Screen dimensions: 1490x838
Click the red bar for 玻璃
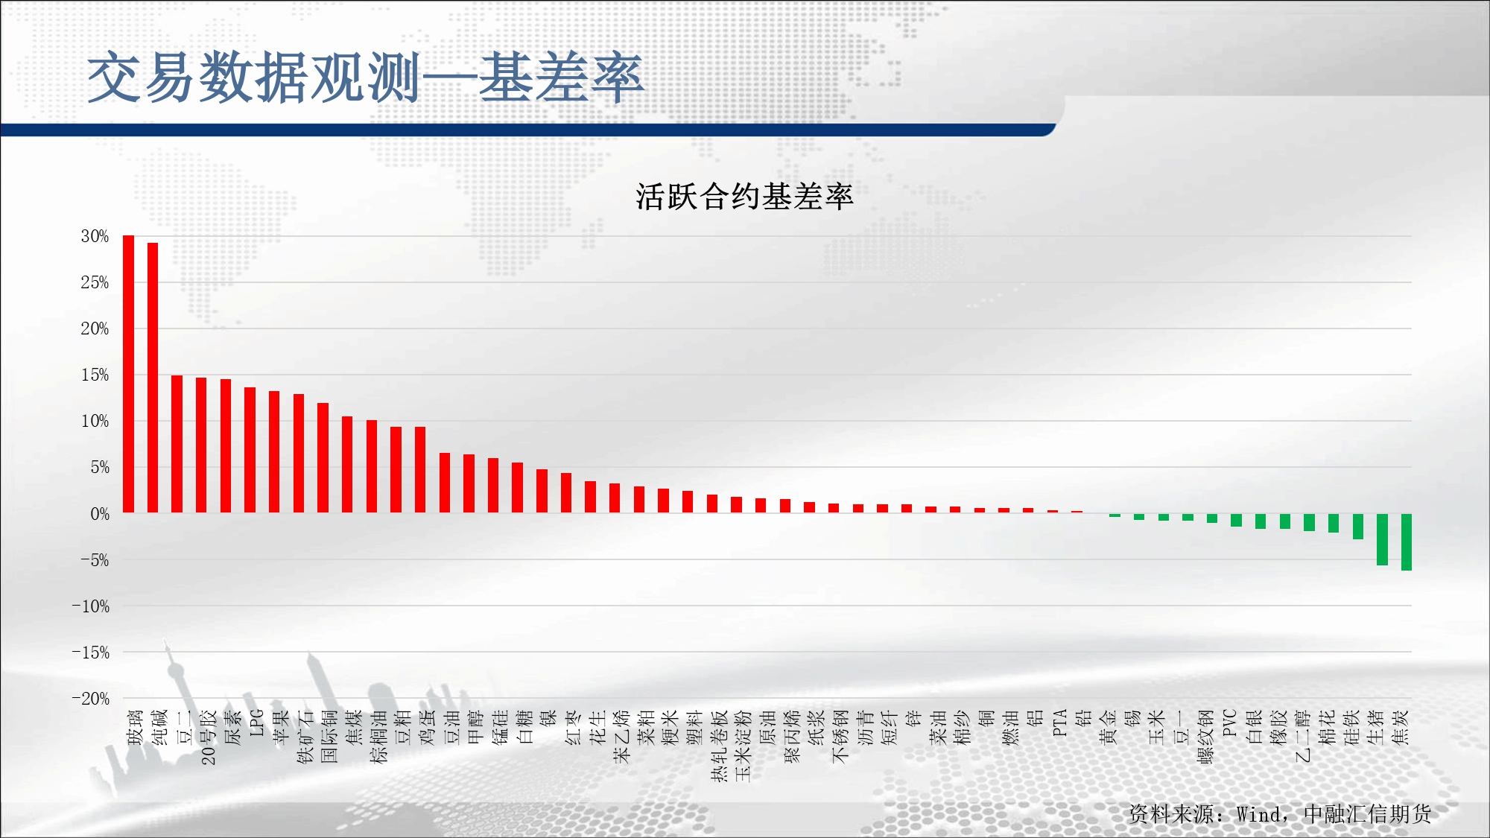tap(128, 374)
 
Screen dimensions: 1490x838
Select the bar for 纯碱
tap(153, 378)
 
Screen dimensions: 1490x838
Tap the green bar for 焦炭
tap(1407, 542)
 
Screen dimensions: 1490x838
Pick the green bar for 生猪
tap(1382, 539)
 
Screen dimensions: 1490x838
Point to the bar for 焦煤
tap(347, 465)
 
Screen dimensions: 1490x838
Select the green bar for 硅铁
tap(1358, 527)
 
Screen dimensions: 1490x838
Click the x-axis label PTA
tap(1059, 723)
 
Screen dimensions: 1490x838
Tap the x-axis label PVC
tap(1230, 723)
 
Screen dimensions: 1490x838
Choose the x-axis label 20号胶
tap(208, 737)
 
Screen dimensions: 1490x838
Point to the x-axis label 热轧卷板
tap(719, 746)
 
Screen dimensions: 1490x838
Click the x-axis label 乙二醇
tap(1303, 736)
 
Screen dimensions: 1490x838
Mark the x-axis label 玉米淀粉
tap(744, 746)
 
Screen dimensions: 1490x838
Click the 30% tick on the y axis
tap(95, 236)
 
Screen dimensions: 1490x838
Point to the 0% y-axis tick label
tap(100, 514)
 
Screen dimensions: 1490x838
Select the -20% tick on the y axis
tap(90, 699)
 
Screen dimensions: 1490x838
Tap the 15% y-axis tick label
tap(95, 375)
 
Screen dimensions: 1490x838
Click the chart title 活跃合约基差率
tap(744, 197)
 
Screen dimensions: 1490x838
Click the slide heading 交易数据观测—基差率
tap(365, 77)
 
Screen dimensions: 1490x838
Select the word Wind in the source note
tap(1259, 814)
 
